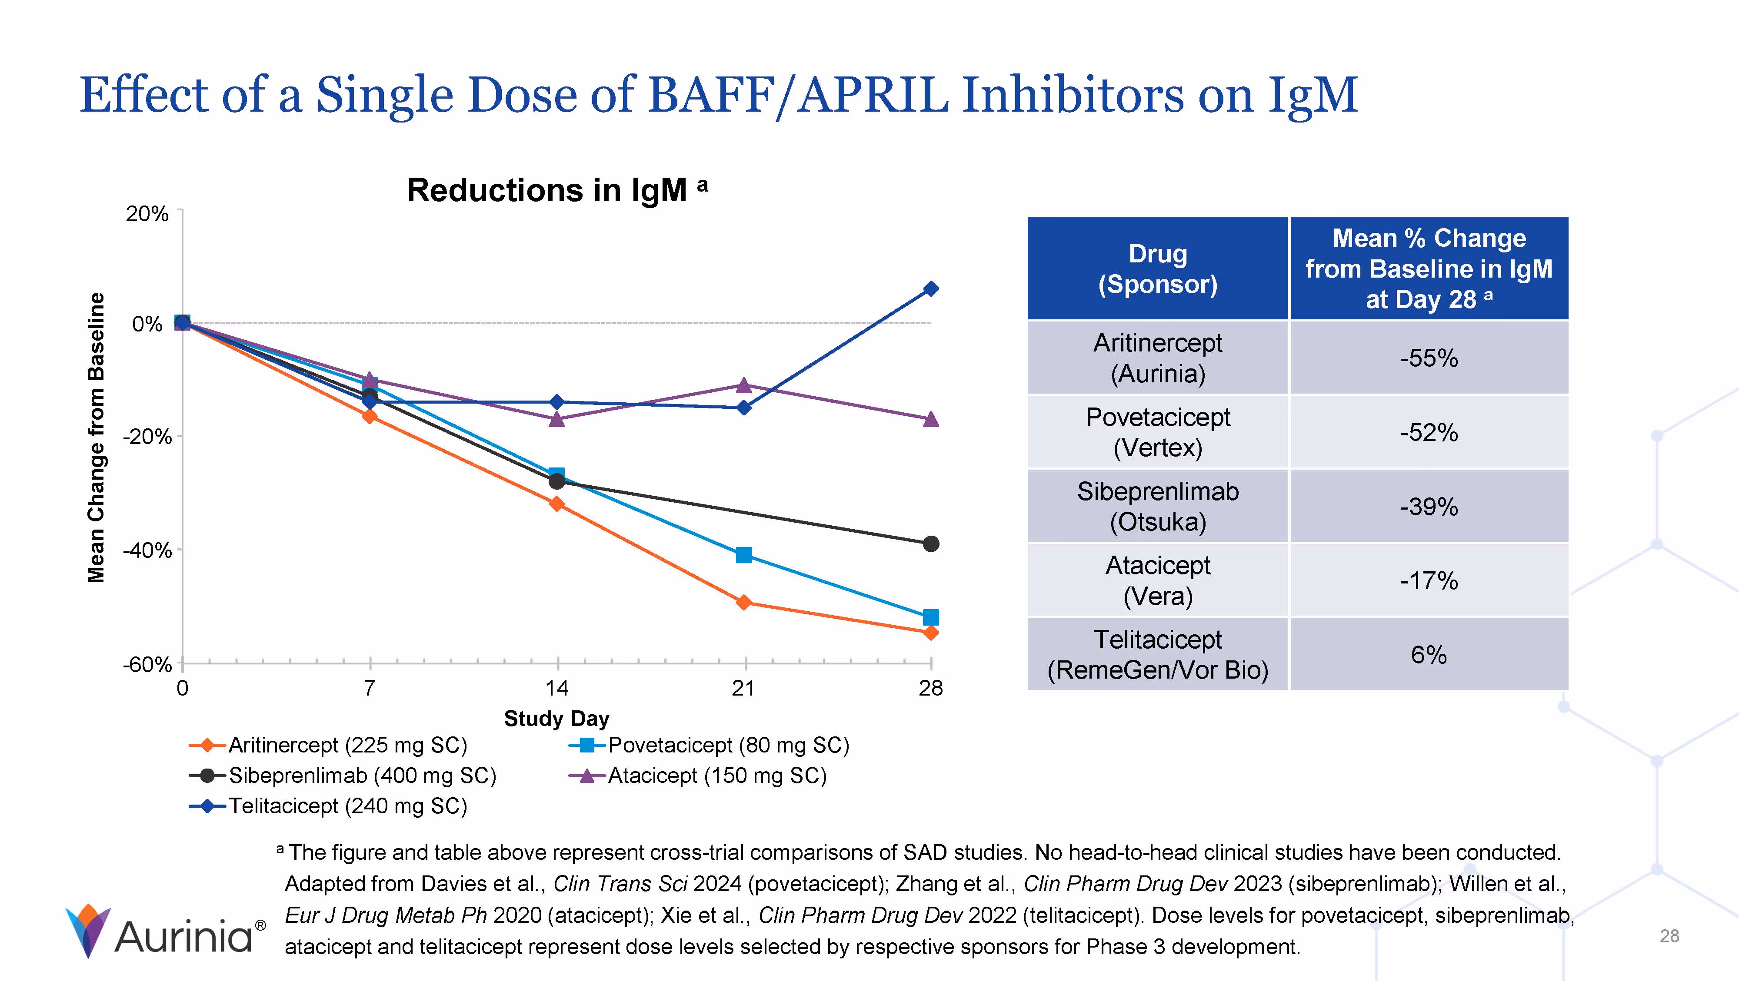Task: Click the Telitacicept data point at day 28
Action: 931,289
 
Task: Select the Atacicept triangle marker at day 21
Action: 744,385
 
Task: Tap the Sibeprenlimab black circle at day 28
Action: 931,544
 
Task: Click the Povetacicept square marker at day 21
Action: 744,555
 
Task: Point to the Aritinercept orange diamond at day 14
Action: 557,504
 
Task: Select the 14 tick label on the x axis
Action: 557,688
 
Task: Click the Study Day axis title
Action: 556,719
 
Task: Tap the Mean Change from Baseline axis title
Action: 97,437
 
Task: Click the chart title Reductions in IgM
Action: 547,190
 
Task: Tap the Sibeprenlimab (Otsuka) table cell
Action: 1158,507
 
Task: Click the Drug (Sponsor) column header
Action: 1158,268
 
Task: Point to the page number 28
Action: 1669,937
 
